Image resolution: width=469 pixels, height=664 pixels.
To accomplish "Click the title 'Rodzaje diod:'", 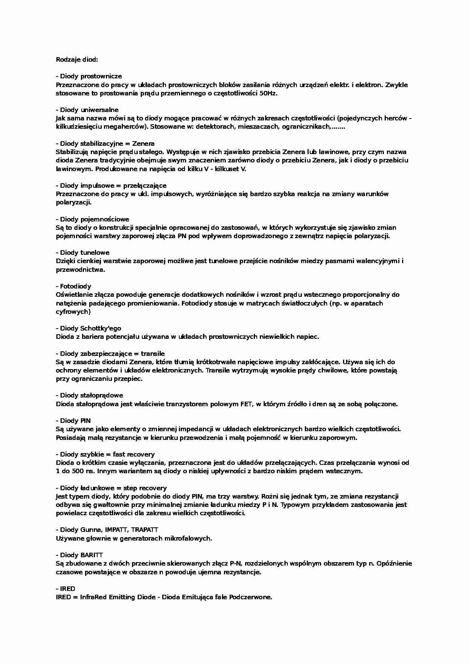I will click(x=77, y=59).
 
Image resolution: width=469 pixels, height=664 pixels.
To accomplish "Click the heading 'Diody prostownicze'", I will click(x=91, y=76).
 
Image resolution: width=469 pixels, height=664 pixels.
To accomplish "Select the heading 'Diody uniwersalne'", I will click(x=89, y=110).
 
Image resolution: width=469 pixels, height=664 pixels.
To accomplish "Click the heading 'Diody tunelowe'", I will click(x=85, y=253).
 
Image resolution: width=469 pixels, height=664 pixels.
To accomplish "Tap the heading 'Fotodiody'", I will click(x=76, y=286).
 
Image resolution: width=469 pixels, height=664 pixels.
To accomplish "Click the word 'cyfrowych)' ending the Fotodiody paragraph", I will click(x=73, y=312).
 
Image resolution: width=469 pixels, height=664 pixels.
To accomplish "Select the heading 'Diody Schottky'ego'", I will click(x=91, y=328).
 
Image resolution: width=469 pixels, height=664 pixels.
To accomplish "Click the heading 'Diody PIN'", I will click(x=75, y=421).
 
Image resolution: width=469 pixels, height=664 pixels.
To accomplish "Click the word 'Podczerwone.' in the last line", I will click(x=250, y=597).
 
